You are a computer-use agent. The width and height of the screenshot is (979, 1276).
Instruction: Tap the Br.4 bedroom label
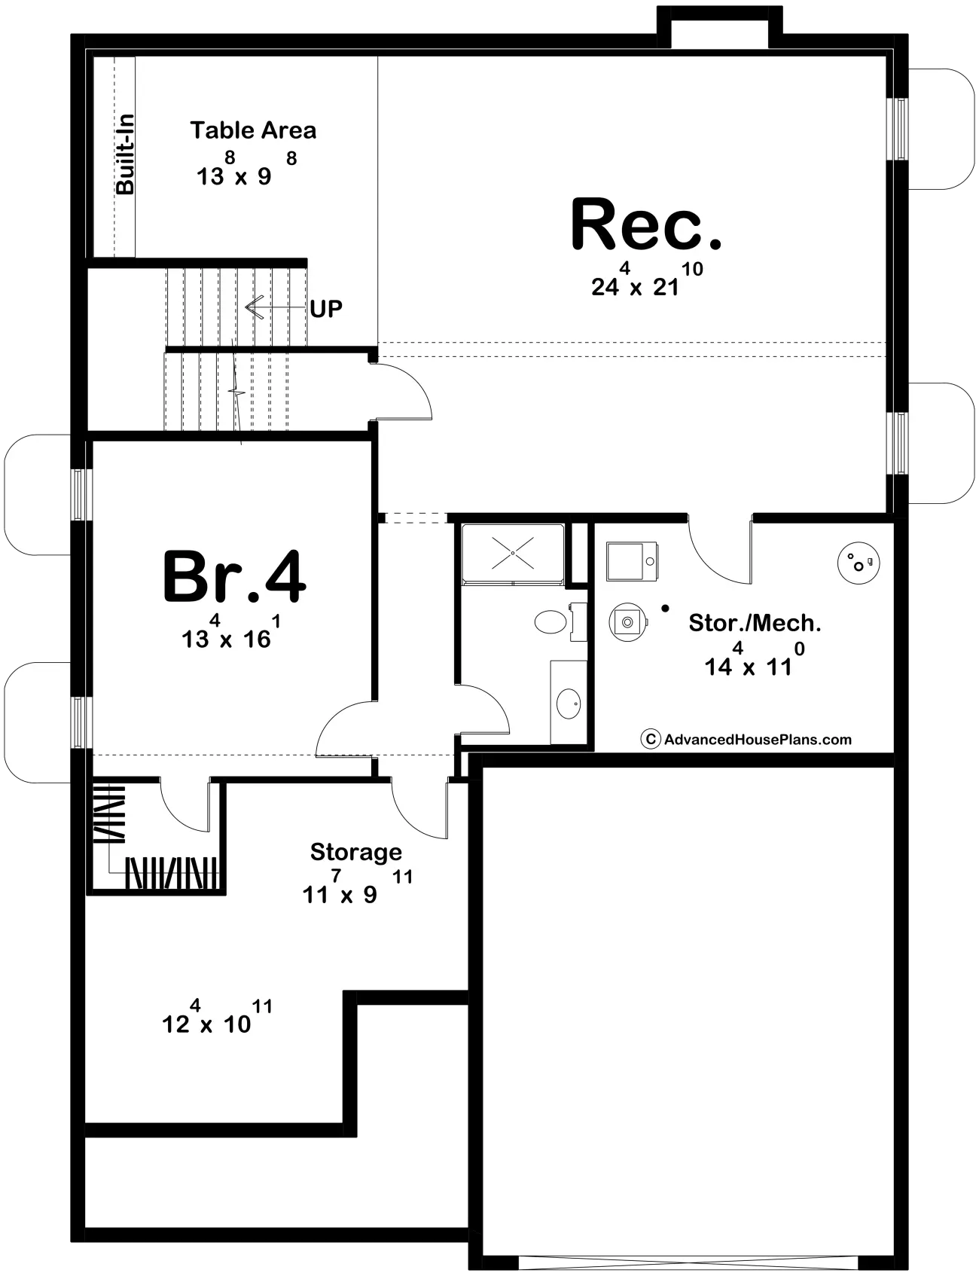tap(234, 577)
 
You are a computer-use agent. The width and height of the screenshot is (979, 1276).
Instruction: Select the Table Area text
tap(253, 130)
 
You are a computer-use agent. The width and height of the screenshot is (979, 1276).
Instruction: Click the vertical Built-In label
tap(125, 154)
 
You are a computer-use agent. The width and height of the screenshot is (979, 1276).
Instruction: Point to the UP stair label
tap(326, 308)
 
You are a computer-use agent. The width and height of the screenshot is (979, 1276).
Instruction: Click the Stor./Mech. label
tap(755, 623)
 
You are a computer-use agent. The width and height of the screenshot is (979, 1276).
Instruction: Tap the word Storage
tap(356, 853)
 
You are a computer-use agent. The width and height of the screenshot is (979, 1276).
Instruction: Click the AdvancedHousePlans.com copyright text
tap(746, 740)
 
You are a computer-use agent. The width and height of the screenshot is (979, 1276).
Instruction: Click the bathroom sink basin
tap(569, 704)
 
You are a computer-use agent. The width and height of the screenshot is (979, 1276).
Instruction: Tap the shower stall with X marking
tap(513, 553)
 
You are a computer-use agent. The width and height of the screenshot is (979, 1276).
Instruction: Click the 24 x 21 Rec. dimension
tap(647, 279)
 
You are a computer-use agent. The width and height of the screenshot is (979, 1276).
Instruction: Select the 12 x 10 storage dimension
tap(217, 1017)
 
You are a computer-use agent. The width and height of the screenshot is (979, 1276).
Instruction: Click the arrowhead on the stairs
tap(253, 307)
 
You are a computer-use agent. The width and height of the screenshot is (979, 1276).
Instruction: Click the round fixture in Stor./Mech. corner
tap(859, 562)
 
